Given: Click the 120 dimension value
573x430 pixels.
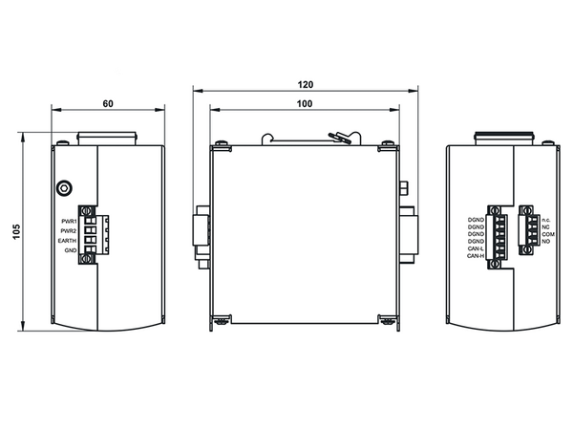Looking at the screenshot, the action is [x=306, y=84].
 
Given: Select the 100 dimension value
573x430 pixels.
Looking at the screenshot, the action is [x=305, y=104].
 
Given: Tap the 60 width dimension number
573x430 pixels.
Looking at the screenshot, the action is [x=108, y=104].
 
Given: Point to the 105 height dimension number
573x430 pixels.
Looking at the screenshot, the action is [x=16, y=232].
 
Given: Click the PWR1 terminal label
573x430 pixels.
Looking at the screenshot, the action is [x=69, y=222].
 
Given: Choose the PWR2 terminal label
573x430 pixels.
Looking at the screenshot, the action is [x=69, y=231].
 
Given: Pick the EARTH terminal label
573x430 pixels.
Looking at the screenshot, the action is [x=67, y=241].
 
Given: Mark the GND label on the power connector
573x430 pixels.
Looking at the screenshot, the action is [x=71, y=250].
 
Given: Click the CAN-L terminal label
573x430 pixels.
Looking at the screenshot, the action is [x=476, y=248].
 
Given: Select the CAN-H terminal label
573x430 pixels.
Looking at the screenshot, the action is [x=476, y=256].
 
